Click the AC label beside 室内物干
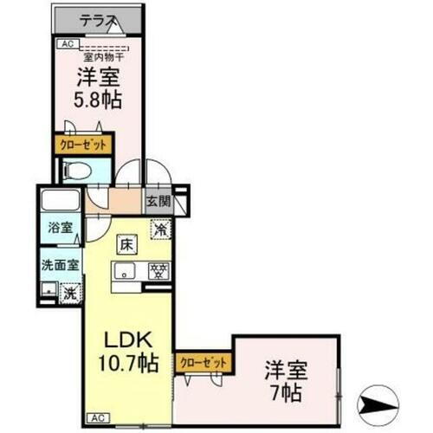click(x=67, y=42)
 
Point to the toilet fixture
click(x=75, y=171)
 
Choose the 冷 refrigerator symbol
click(x=160, y=229)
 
